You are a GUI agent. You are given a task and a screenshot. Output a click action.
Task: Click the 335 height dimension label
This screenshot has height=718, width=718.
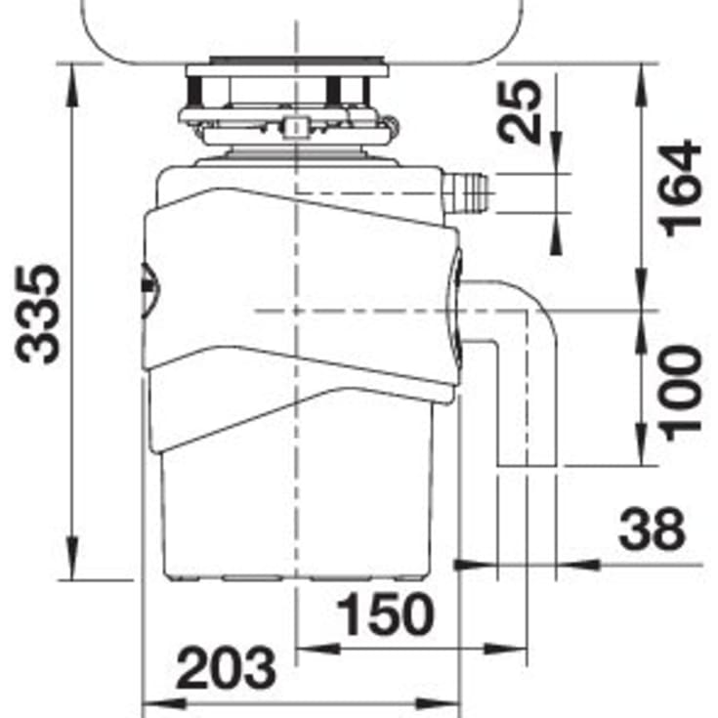coord(37,315)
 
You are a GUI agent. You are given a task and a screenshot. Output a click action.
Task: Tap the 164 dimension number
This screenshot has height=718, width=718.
coord(679,189)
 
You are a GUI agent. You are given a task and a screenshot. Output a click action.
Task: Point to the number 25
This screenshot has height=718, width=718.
coord(519,112)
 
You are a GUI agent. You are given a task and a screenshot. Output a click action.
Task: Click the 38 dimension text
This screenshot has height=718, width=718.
coord(652,528)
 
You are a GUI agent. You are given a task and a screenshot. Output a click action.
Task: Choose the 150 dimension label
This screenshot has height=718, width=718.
coord(385,613)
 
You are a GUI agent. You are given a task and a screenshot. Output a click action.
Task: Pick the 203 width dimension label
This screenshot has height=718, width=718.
coord(227,667)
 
